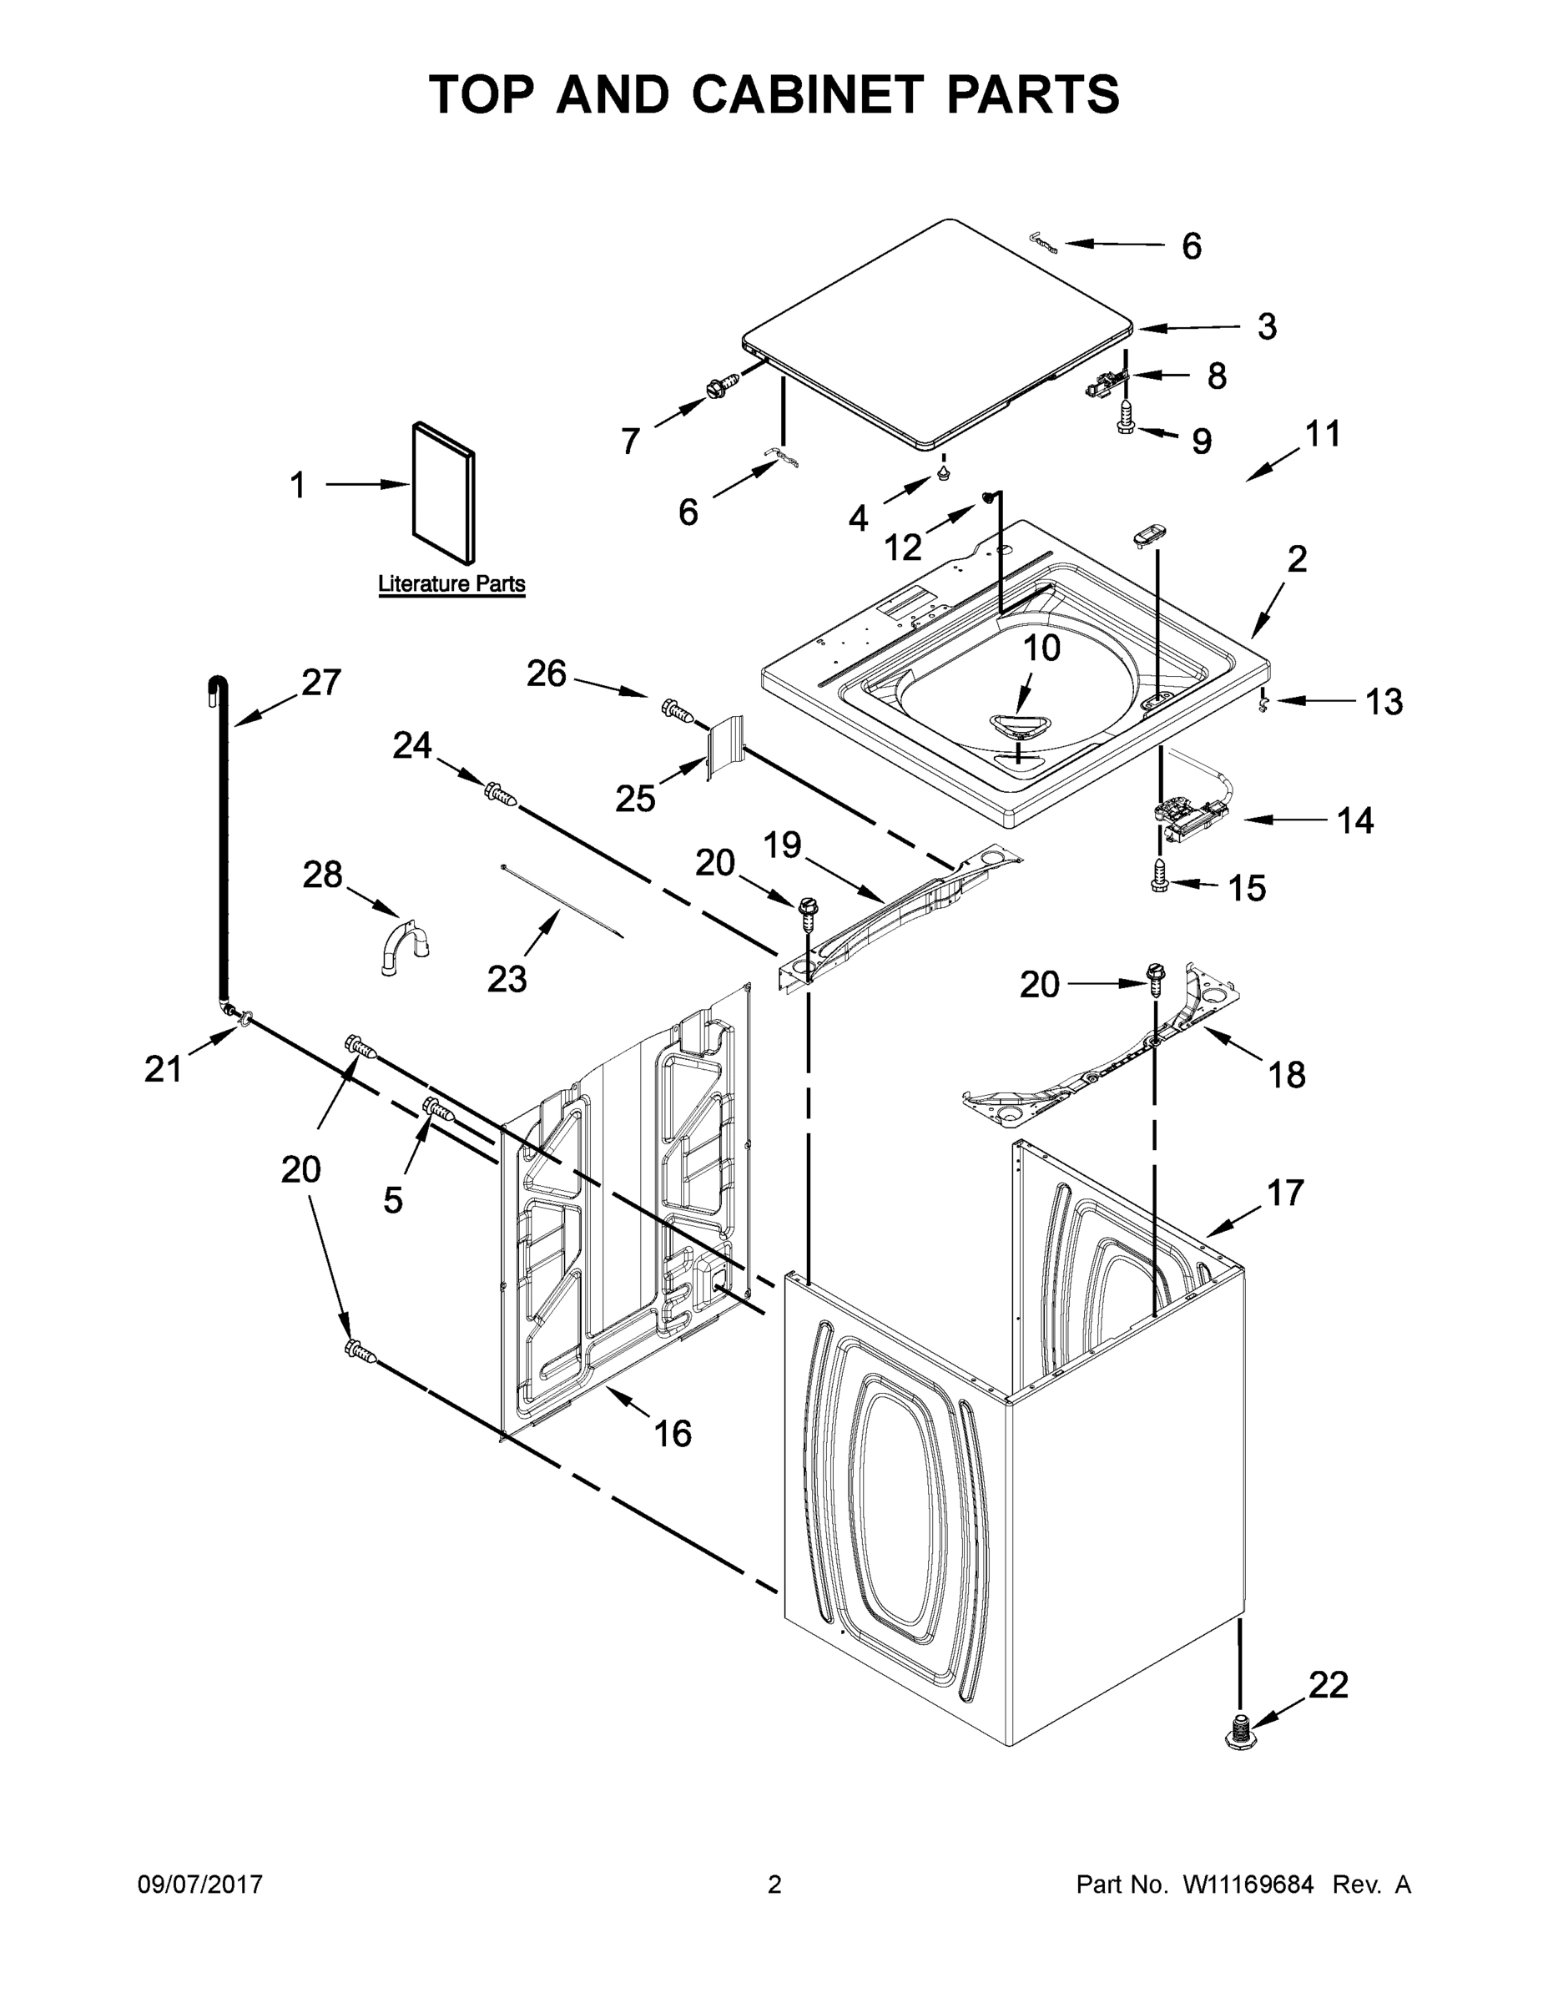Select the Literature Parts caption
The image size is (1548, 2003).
(451, 584)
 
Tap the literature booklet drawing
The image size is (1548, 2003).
(444, 492)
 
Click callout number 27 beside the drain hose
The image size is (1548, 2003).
(321, 683)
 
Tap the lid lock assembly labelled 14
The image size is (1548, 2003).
(1190, 813)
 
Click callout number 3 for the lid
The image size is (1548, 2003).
(1267, 325)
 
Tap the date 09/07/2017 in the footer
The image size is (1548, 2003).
(200, 1884)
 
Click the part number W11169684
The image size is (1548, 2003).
(1248, 1884)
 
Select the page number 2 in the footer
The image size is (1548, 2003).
(774, 1884)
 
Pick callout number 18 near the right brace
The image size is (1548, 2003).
(1287, 1074)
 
